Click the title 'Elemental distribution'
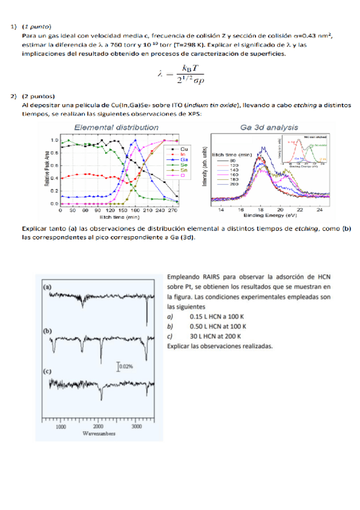(x=116, y=127)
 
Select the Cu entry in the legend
(x=183, y=148)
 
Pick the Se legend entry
(x=183, y=164)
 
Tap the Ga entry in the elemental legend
(x=183, y=159)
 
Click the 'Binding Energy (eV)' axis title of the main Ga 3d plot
(x=270, y=215)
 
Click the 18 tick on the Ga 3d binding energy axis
(x=261, y=209)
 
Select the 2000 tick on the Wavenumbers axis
(x=99, y=426)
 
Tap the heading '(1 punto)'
(x=36, y=27)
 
